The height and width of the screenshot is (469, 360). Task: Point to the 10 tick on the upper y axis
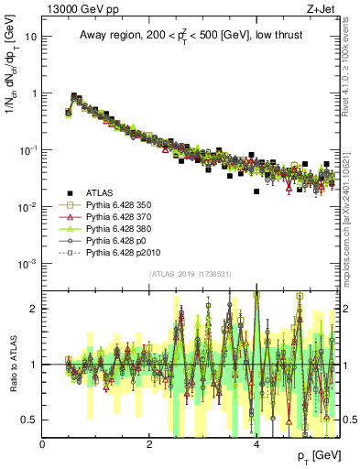click(x=31, y=37)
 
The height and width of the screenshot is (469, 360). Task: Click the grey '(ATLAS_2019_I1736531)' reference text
click(x=190, y=273)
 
